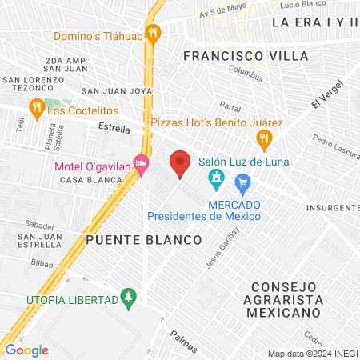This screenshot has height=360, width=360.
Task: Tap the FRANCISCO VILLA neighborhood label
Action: pos(234,56)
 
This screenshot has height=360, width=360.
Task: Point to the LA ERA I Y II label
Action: pos(314,22)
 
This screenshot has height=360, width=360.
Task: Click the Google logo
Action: pos(26,350)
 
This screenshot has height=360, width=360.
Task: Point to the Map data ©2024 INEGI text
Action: pos(312,354)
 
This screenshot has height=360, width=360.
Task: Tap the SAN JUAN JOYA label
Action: pos(117,91)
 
